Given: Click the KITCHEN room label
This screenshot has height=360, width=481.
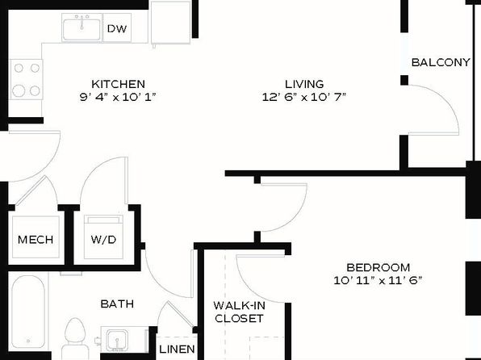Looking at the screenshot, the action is click(118, 84).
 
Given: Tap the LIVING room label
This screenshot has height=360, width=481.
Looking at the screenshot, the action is click(304, 84).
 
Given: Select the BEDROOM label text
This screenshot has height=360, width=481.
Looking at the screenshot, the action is click(379, 267).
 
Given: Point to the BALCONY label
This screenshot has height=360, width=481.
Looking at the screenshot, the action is click(441, 62).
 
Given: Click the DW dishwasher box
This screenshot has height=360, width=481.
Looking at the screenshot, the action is click(117, 27).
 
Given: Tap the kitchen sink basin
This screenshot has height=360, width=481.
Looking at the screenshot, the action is click(82, 29).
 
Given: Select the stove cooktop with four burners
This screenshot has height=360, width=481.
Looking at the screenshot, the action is click(27, 79).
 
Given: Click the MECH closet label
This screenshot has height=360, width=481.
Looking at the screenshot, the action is click(36, 240).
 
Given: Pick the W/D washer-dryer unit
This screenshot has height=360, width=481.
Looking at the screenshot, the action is click(103, 237).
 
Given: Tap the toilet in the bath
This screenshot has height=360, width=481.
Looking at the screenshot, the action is click(74, 338).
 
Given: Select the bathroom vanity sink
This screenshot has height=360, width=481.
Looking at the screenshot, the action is click(117, 340).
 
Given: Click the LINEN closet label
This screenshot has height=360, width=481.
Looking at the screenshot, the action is click(177, 349).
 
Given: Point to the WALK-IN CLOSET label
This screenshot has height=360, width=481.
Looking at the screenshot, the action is click(239, 312).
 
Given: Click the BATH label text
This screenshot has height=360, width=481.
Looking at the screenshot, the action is click(117, 303).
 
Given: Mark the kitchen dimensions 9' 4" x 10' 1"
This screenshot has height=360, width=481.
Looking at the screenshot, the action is click(118, 97).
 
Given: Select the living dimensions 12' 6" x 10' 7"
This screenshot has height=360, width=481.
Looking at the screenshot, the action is click(304, 97).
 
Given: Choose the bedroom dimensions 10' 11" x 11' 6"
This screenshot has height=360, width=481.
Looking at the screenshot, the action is click(379, 280).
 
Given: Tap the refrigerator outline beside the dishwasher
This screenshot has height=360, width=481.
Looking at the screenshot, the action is click(170, 23).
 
